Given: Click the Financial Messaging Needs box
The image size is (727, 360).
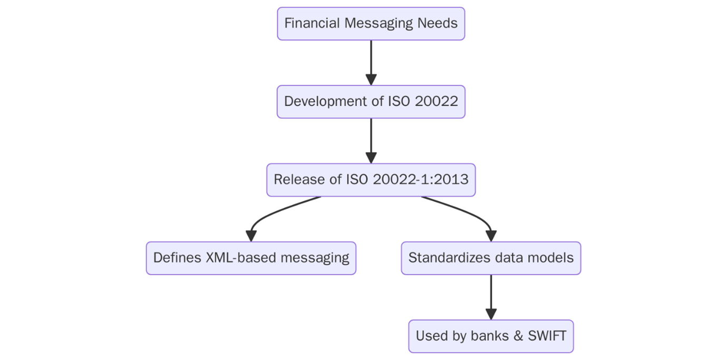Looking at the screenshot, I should coord(371,24).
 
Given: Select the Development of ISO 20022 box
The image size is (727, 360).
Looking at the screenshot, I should coord(371,102).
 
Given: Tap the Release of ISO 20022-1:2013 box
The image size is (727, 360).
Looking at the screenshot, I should coord(371,180).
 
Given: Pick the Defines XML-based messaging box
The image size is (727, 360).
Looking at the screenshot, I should coord(251,258).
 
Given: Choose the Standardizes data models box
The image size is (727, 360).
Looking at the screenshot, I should coord(490,258).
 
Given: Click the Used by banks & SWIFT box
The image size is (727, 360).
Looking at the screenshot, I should coord(490,336).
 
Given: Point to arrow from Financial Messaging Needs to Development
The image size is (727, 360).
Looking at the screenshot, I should coord(371,62).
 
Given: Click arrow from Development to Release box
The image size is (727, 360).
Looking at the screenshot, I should coord(371,140).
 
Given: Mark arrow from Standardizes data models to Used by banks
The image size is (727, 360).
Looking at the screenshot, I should coord(490,296).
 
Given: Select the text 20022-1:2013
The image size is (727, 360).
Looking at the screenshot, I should coord(421,180).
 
